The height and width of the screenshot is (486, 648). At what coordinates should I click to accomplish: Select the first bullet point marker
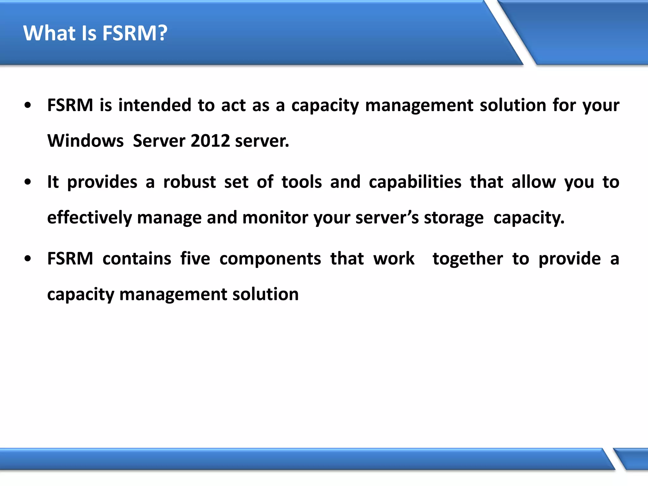pyautogui.click(x=28, y=105)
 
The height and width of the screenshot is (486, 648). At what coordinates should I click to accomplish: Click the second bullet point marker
pyautogui.click(x=28, y=182)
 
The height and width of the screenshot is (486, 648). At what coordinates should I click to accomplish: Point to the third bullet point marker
pyautogui.click(x=28, y=259)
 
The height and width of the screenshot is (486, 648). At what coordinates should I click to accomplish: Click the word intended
pyautogui.click(x=155, y=105)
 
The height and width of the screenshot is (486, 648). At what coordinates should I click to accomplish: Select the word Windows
pyautogui.click(x=85, y=141)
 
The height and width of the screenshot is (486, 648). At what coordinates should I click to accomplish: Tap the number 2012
pyautogui.click(x=210, y=141)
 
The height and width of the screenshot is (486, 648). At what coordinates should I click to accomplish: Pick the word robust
pyautogui.click(x=190, y=182)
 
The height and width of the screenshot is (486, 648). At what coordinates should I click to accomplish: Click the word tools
pyautogui.click(x=302, y=182)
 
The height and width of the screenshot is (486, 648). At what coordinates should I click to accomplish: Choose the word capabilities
pyautogui.click(x=415, y=183)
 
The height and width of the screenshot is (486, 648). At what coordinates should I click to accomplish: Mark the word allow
pyautogui.click(x=533, y=182)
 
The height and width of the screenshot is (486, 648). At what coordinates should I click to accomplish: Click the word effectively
pyautogui.click(x=89, y=218)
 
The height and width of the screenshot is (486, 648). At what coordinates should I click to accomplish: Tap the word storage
pyautogui.click(x=454, y=218)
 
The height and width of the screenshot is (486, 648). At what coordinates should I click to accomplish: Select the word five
pyautogui.click(x=195, y=259)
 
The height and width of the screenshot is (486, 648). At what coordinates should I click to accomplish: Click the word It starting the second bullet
pyautogui.click(x=53, y=182)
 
